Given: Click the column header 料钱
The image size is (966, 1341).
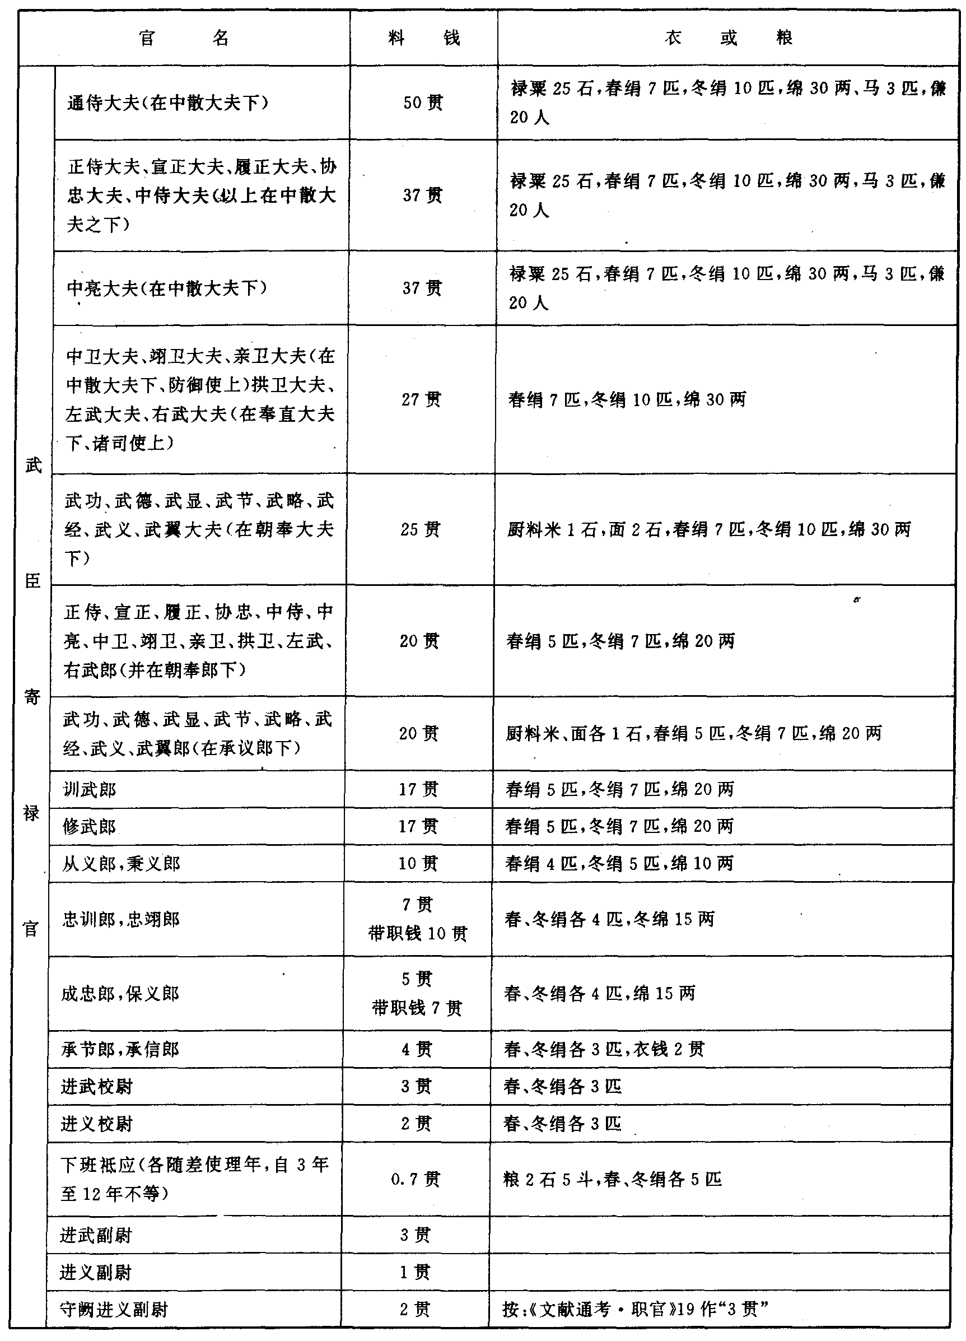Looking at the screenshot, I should coord(423,39).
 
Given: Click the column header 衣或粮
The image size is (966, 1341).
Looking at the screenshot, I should coord(728,39).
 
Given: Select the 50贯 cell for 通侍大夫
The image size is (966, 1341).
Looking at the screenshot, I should coord(423,103).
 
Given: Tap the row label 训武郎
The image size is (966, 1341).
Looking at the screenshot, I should coord(90,789).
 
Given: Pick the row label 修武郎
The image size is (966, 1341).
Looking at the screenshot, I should coord(89,826).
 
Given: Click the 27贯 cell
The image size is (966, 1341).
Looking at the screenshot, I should coord(421,400).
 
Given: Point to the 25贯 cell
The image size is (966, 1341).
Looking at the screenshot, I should coord(420,529).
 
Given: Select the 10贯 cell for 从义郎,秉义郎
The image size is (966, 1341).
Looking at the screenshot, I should coord(418,863).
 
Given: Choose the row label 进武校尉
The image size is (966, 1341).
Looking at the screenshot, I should coord(96,1086).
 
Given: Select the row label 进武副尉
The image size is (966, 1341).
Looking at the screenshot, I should coord(95,1235).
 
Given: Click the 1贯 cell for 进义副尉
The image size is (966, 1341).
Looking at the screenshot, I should coord(415,1272).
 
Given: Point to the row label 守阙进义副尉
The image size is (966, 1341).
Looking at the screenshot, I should coord(114,1309).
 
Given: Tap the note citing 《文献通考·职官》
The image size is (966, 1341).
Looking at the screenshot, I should coord(634,1309).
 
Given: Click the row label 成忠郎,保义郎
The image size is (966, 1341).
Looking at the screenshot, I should coord(120,993).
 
